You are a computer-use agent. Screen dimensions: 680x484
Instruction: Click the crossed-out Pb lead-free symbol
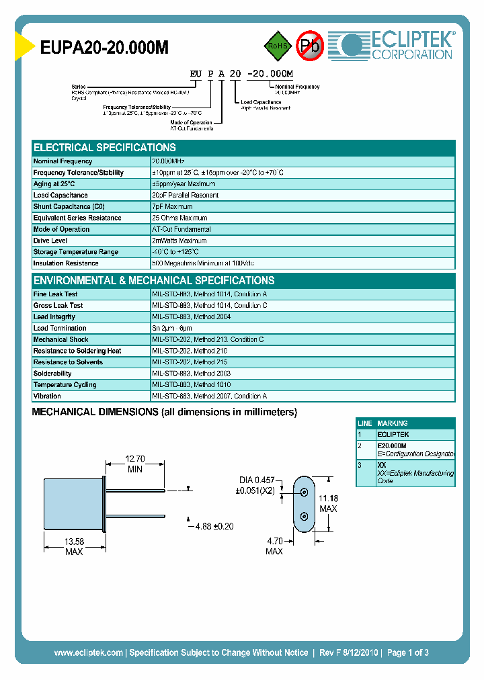310,46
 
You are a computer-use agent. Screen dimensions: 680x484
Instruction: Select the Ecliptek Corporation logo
396,46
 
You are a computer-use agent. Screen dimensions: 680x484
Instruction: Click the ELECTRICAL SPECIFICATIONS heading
105,147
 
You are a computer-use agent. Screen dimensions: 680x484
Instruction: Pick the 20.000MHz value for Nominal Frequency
168,161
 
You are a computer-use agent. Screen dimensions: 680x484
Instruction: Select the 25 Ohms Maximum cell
179,218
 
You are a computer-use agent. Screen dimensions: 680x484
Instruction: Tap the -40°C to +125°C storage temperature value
179,252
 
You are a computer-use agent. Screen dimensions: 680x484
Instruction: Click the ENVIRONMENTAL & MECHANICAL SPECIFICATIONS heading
154,280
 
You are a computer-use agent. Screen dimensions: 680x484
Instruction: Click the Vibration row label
47,396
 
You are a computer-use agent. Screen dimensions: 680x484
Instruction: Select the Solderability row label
52,374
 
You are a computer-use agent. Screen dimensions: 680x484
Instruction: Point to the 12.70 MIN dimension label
135,464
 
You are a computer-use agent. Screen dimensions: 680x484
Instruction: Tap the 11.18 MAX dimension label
328,504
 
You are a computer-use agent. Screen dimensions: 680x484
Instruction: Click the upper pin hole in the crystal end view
305,493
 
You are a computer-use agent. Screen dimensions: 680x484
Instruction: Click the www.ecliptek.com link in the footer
88,652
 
